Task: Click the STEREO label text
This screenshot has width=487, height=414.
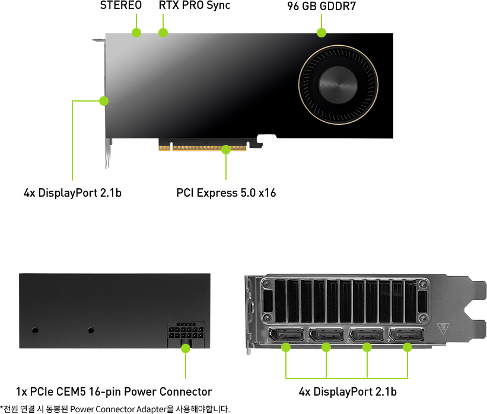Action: tap(121, 5)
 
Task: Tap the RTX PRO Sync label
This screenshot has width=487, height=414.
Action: tap(195, 5)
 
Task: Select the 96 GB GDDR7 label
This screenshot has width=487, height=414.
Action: tap(322, 6)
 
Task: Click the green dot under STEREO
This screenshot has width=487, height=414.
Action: tap(136, 33)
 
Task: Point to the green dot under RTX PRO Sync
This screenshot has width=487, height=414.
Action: tap(163, 33)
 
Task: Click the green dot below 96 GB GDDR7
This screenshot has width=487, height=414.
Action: tap(322, 33)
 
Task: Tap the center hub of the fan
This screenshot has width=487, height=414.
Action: tap(338, 84)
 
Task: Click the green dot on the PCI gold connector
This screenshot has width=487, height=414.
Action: tap(226, 150)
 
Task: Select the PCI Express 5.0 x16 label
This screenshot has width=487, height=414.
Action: tap(226, 193)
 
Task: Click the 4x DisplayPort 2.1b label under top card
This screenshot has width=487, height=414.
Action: tap(72, 193)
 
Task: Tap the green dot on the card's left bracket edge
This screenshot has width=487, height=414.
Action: tap(104, 101)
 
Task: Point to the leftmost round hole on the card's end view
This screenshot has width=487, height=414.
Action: tap(35, 330)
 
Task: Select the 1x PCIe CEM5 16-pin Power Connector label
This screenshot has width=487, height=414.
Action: tap(114, 391)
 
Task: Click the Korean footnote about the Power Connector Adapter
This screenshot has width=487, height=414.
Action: tap(115, 409)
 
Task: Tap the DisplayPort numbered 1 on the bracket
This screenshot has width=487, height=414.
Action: tap(286, 335)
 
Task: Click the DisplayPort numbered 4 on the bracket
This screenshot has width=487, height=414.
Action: tap(406, 335)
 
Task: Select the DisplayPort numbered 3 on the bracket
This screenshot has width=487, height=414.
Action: tap(367, 335)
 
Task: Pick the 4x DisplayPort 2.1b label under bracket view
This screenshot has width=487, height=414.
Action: tap(348, 391)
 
